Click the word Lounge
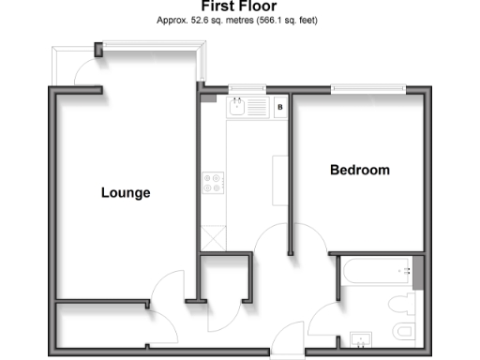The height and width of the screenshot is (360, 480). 126,193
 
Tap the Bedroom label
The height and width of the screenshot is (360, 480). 359,171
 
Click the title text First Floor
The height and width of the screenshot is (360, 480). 238,6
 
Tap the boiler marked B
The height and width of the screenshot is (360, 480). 279,108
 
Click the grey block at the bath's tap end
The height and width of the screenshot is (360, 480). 419,271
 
